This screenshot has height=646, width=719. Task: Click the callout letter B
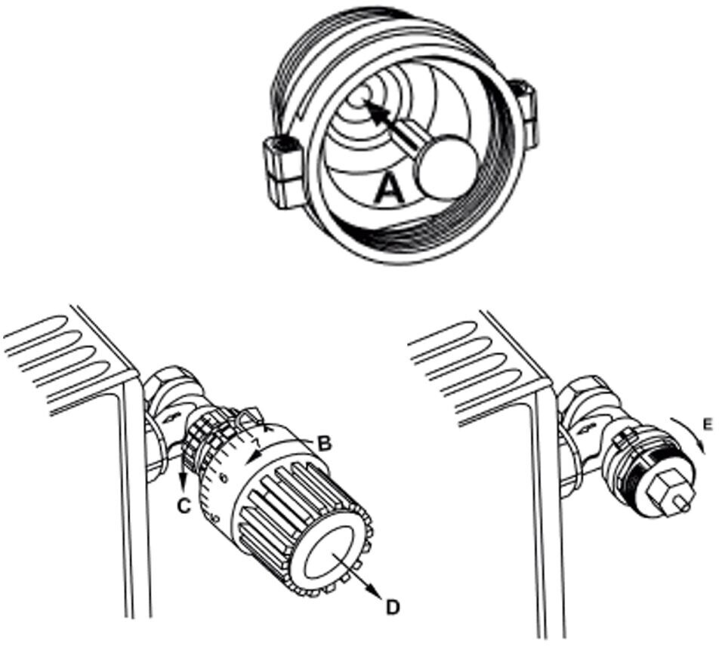(x=324, y=444)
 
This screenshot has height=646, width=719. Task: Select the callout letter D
(x=393, y=605)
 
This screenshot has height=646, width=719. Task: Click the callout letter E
(x=705, y=426)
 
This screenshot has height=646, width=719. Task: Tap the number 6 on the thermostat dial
(x=223, y=477)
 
